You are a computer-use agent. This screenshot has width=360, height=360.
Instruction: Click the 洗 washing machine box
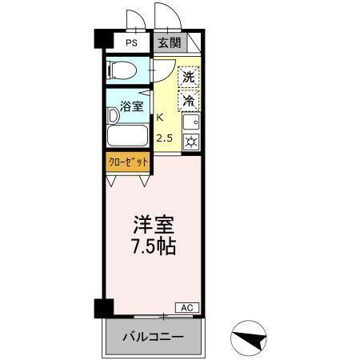tap(188, 78)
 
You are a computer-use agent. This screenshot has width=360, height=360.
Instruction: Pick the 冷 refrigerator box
tap(188, 101)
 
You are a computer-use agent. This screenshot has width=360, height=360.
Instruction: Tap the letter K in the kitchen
tap(161, 117)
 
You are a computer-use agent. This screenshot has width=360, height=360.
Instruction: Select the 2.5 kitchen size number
tap(164, 138)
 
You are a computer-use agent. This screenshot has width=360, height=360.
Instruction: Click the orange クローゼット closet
tap(128, 161)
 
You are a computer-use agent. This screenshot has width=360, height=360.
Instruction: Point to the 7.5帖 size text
tap(153, 245)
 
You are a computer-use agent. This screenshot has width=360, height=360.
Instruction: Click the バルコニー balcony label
tap(152, 337)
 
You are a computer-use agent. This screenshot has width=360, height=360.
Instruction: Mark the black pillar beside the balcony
tap(101, 308)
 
